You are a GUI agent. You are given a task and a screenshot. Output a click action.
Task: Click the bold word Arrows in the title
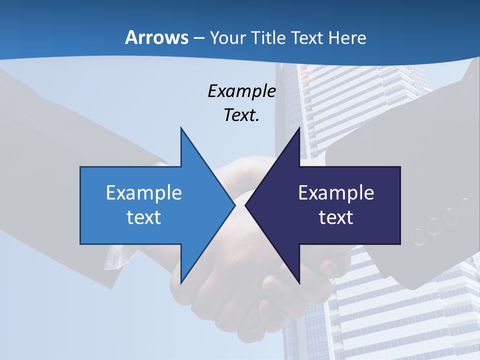coord(157,37)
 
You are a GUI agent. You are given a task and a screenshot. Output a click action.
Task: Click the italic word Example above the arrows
coord(241,91)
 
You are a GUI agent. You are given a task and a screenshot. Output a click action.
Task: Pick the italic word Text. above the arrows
coord(241,115)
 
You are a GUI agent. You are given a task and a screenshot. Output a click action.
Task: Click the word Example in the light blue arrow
coord(143,192)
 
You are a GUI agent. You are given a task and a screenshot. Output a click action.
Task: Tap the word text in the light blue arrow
coord(143,217)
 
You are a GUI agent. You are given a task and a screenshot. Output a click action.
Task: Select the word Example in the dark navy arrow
coord(336,192)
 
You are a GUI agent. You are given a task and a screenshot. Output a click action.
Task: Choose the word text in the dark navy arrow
coord(336,217)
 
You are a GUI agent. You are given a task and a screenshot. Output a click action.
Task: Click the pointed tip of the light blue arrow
coord(234,205)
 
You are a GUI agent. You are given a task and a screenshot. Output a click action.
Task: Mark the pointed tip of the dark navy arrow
coord(246,205)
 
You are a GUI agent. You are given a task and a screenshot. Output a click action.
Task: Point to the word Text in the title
coord(307,38)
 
